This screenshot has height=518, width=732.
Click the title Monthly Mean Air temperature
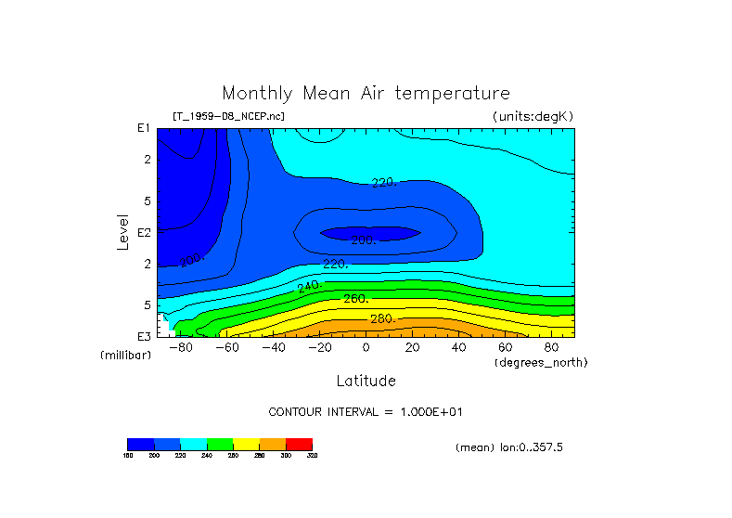366,94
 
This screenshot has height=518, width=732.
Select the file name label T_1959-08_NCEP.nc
228,116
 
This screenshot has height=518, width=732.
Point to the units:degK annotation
533,116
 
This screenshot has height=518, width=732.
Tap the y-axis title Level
123,231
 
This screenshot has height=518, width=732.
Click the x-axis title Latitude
366,381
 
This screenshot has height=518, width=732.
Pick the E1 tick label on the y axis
144,128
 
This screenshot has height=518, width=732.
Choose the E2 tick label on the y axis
144,232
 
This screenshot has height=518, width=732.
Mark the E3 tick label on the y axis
144,336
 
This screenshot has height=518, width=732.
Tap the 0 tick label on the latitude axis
366,348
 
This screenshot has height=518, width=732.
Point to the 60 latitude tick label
505,348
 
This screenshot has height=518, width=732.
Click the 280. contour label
383,319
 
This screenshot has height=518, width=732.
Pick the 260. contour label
356,299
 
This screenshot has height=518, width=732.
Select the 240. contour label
308,286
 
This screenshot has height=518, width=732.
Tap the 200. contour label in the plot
363,240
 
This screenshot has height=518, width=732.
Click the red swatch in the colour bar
299,444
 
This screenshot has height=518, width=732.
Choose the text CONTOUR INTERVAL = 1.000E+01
365,412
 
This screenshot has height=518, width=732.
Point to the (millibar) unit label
125,356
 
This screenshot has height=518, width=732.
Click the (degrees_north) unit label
541,362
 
